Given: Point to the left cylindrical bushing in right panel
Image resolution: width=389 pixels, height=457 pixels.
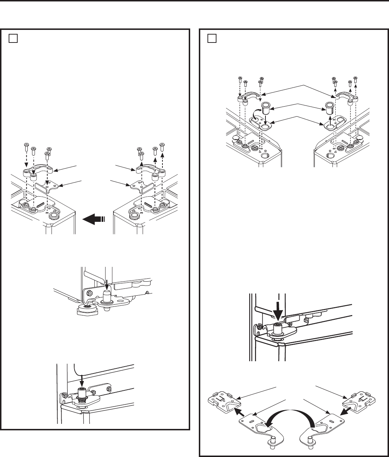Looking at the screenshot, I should [266, 107].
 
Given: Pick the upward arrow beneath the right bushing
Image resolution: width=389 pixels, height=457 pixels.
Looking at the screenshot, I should [329, 118].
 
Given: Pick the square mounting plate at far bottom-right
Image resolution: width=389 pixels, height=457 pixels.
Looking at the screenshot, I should [360, 400].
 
